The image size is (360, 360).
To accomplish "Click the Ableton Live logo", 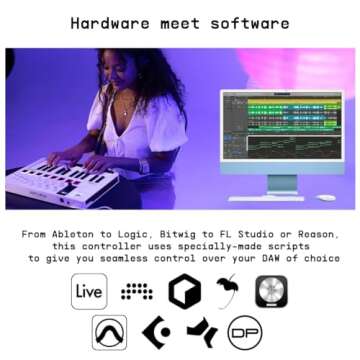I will [89, 292].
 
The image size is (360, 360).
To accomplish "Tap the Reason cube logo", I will [179, 292].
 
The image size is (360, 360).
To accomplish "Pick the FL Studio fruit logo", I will [225, 292].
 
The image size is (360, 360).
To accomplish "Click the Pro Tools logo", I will [110, 332].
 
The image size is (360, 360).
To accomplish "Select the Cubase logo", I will [156, 332].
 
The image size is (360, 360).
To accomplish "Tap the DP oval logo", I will [245, 332].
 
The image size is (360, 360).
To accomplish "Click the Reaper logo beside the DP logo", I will [201, 332].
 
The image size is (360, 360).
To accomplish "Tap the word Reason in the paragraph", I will [318, 233].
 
